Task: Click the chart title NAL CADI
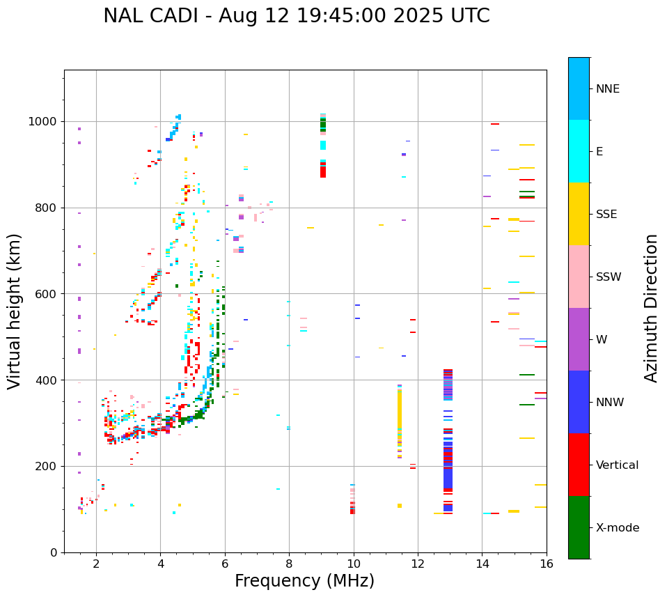tap(296, 16)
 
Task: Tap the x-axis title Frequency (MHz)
tap(304, 581)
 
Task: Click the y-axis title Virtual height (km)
tap(15, 311)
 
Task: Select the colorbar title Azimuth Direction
tap(651, 307)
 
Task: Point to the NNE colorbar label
tap(607, 89)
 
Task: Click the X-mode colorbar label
tap(617, 528)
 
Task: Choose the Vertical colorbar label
tap(617, 465)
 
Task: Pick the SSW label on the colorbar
tap(609, 277)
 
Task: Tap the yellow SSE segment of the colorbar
tap(579, 213)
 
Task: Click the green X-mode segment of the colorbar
tap(579, 527)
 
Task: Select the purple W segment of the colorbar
tap(579, 339)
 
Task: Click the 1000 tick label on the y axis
tap(43, 121)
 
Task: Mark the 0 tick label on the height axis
tap(54, 552)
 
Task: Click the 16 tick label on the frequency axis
tap(547, 564)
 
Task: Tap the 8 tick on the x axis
tap(289, 564)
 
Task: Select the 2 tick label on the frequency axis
tap(96, 564)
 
